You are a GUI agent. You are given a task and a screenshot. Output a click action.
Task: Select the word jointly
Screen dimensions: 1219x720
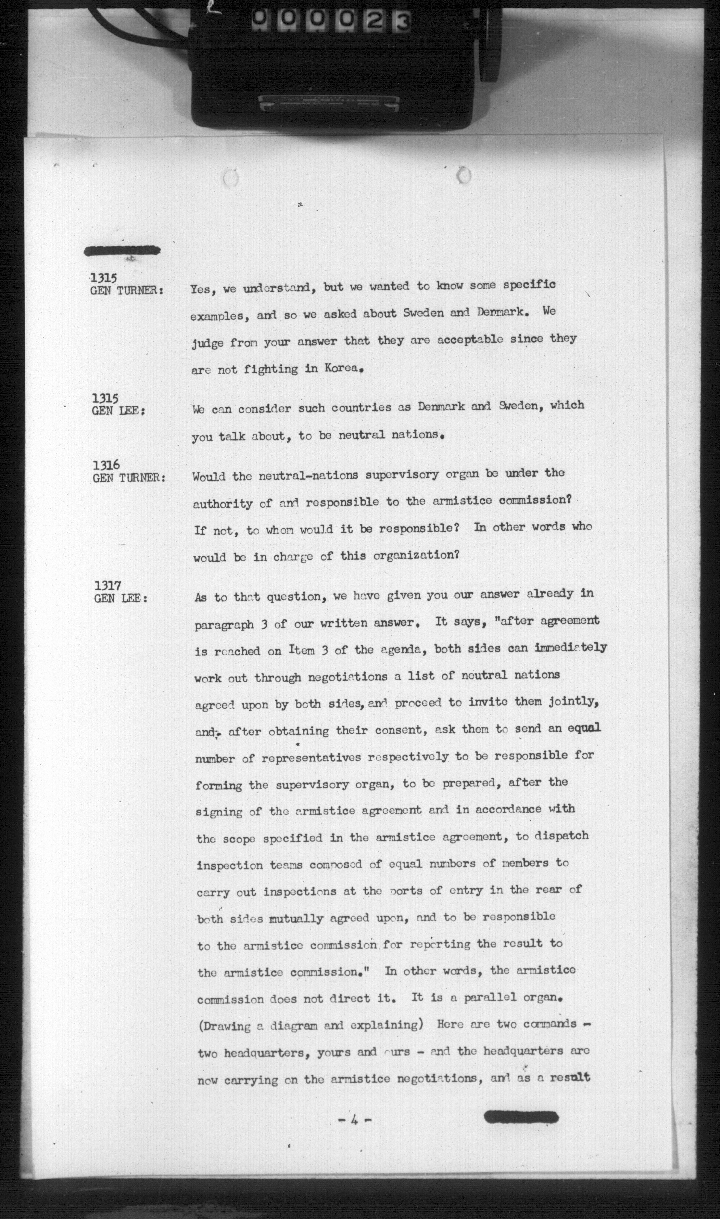(x=575, y=701)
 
